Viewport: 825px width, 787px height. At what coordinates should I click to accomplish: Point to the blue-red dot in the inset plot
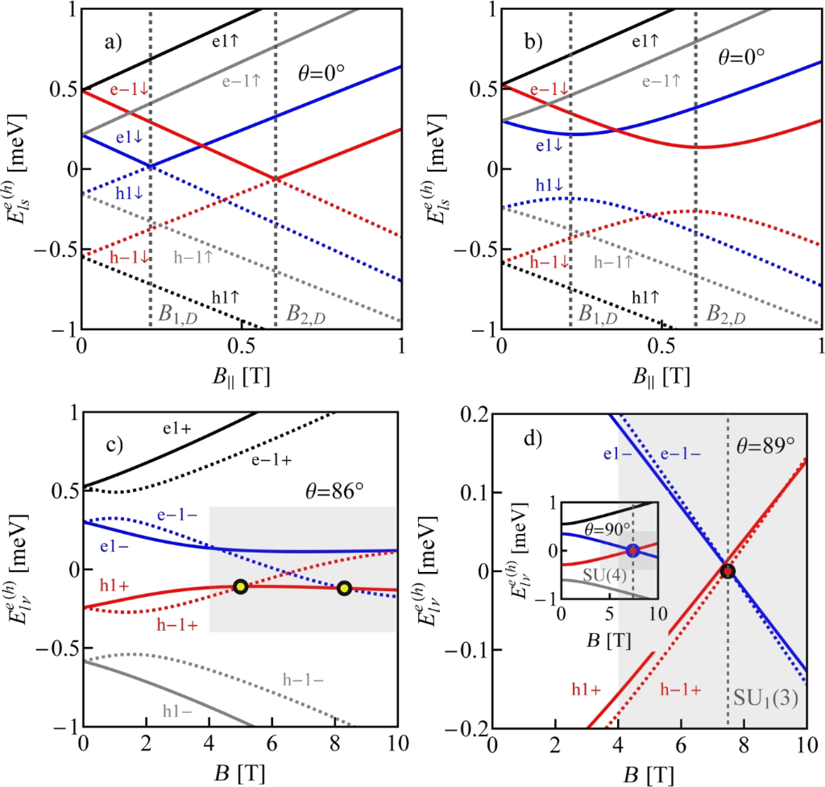point(633,551)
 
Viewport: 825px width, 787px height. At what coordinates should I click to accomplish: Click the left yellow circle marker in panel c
point(240,586)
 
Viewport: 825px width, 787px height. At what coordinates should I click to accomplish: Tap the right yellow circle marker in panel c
point(345,588)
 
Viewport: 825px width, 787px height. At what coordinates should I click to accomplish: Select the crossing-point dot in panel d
point(728,571)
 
